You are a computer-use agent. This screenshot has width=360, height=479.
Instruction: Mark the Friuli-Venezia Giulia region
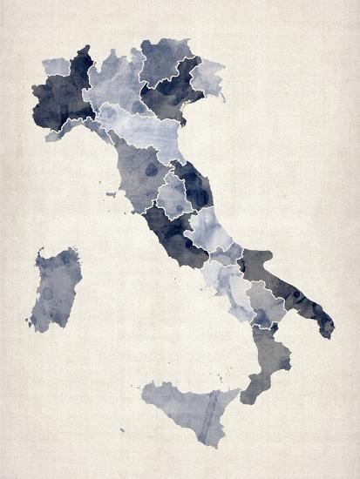coord(207,77)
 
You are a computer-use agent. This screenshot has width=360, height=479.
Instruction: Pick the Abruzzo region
coord(209,226)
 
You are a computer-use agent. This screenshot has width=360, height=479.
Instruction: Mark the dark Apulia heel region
coord(288,287)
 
